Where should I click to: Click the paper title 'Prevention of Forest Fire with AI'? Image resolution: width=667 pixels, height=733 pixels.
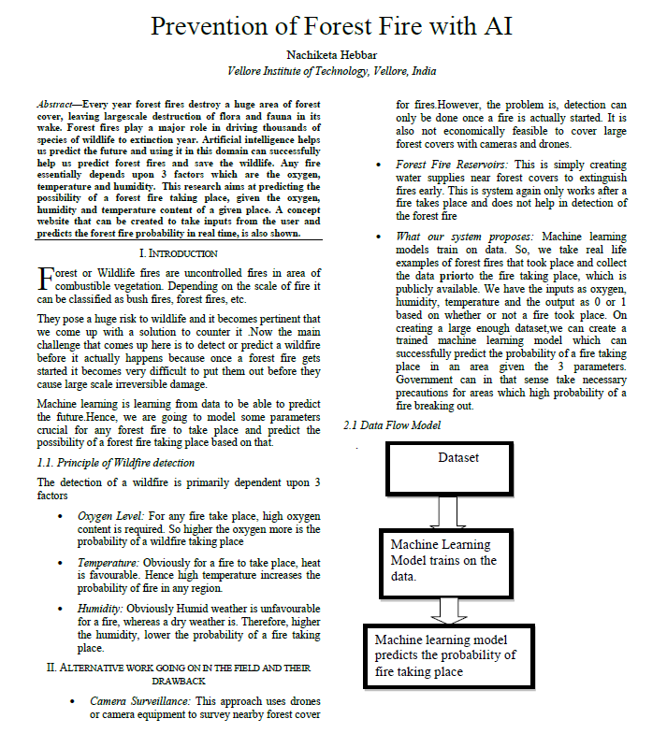pos(332,25)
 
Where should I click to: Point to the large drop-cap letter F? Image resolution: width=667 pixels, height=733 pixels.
pos(45,279)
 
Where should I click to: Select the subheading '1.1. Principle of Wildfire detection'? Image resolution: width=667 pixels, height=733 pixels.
pos(116,462)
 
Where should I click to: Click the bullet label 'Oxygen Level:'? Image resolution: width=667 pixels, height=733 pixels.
pos(110,515)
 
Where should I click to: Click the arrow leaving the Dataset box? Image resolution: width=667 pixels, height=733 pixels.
pos(447,512)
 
